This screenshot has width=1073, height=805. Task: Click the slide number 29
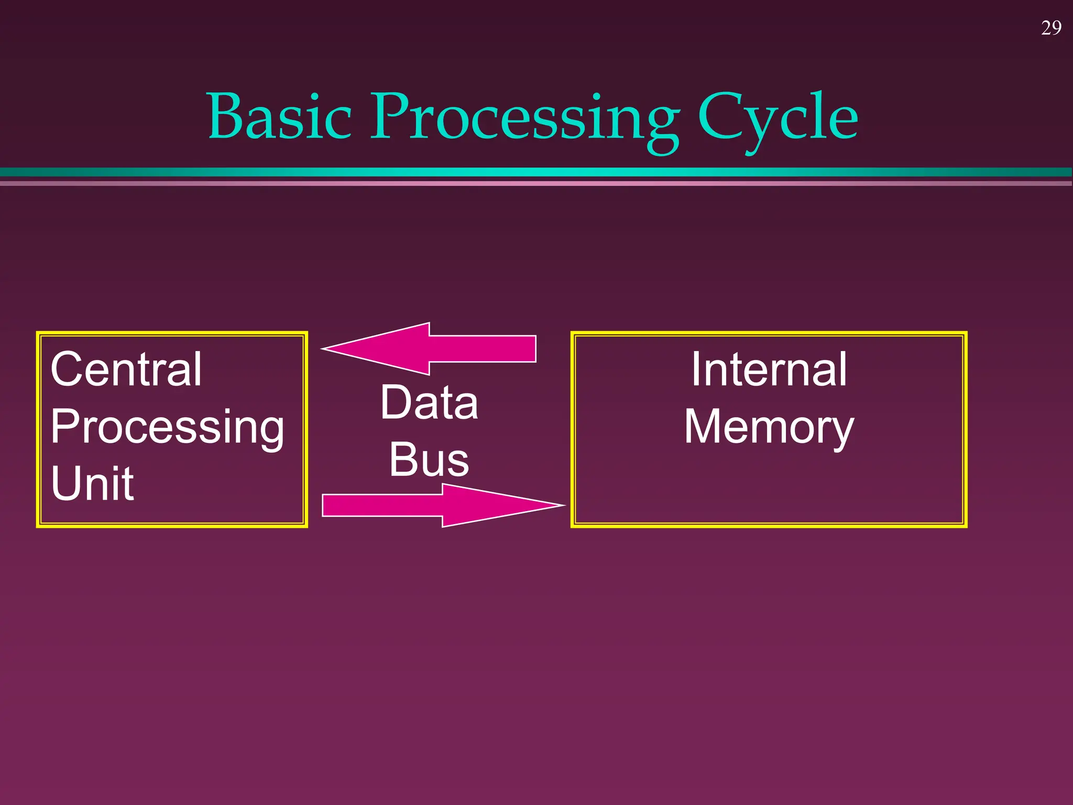point(1051,28)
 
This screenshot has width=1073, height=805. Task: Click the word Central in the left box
point(126,369)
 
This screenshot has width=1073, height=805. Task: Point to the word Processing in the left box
point(167,427)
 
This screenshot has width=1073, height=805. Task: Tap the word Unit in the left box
point(92,483)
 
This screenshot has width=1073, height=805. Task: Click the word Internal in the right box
point(769,369)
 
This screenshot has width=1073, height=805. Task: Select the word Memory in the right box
point(769,427)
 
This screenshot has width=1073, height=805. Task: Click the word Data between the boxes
point(429,402)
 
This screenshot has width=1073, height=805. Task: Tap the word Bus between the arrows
point(429,460)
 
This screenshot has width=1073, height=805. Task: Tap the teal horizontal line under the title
point(536,172)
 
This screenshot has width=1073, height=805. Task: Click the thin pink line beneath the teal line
point(536,183)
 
